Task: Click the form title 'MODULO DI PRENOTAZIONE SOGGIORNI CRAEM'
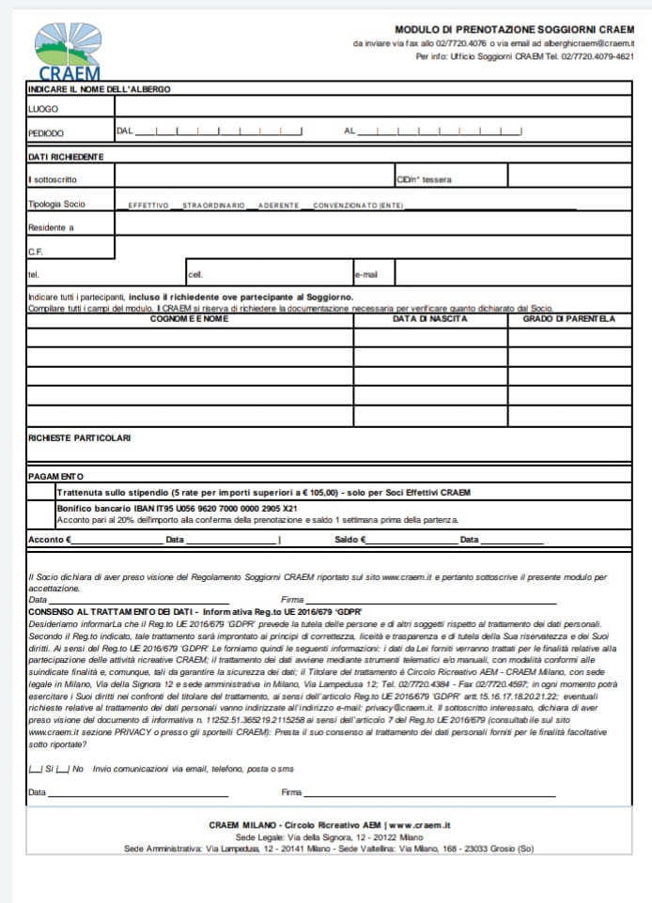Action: click(514, 30)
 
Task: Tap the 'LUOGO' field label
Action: click(43, 110)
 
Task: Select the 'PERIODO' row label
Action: click(46, 133)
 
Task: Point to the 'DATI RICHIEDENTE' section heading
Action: click(66, 156)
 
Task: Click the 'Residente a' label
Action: click(51, 227)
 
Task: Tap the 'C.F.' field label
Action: click(37, 252)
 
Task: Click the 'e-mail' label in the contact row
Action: click(365, 275)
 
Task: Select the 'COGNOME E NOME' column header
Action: click(189, 319)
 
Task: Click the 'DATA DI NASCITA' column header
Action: click(429, 319)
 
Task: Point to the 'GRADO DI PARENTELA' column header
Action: click(568, 319)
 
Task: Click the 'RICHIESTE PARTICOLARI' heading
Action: click(80, 437)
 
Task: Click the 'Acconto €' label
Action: click(49, 540)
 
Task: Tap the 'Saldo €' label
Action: click(350, 540)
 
